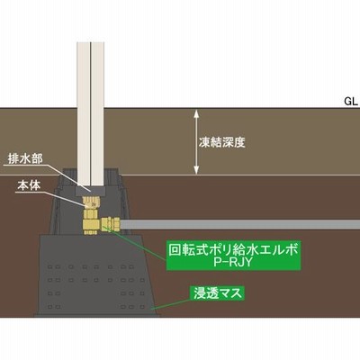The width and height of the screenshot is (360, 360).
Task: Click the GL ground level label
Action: [x=351, y=102]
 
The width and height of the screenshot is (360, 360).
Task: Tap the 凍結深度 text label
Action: [x=222, y=142]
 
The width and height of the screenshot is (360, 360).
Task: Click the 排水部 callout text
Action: [x=25, y=158]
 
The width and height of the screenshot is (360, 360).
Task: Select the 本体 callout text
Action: [x=29, y=185]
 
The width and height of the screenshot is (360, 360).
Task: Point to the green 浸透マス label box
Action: [x=217, y=293]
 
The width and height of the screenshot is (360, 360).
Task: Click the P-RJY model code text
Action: [x=233, y=263]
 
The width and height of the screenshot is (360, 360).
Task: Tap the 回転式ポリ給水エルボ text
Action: [x=233, y=249]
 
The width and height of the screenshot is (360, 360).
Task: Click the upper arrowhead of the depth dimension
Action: [x=196, y=113]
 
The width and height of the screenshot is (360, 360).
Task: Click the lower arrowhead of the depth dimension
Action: [x=196, y=170]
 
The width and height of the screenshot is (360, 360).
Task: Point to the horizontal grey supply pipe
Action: [x=239, y=224]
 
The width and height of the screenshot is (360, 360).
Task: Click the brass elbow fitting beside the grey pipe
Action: [x=111, y=224]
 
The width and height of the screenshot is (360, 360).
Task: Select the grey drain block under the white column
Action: [x=90, y=190]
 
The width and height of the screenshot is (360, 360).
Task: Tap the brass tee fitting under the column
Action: [x=90, y=222]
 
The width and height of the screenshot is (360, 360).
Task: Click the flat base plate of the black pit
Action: [x=97, y=315]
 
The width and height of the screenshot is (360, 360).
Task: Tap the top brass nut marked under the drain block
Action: [x=90, y=202]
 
